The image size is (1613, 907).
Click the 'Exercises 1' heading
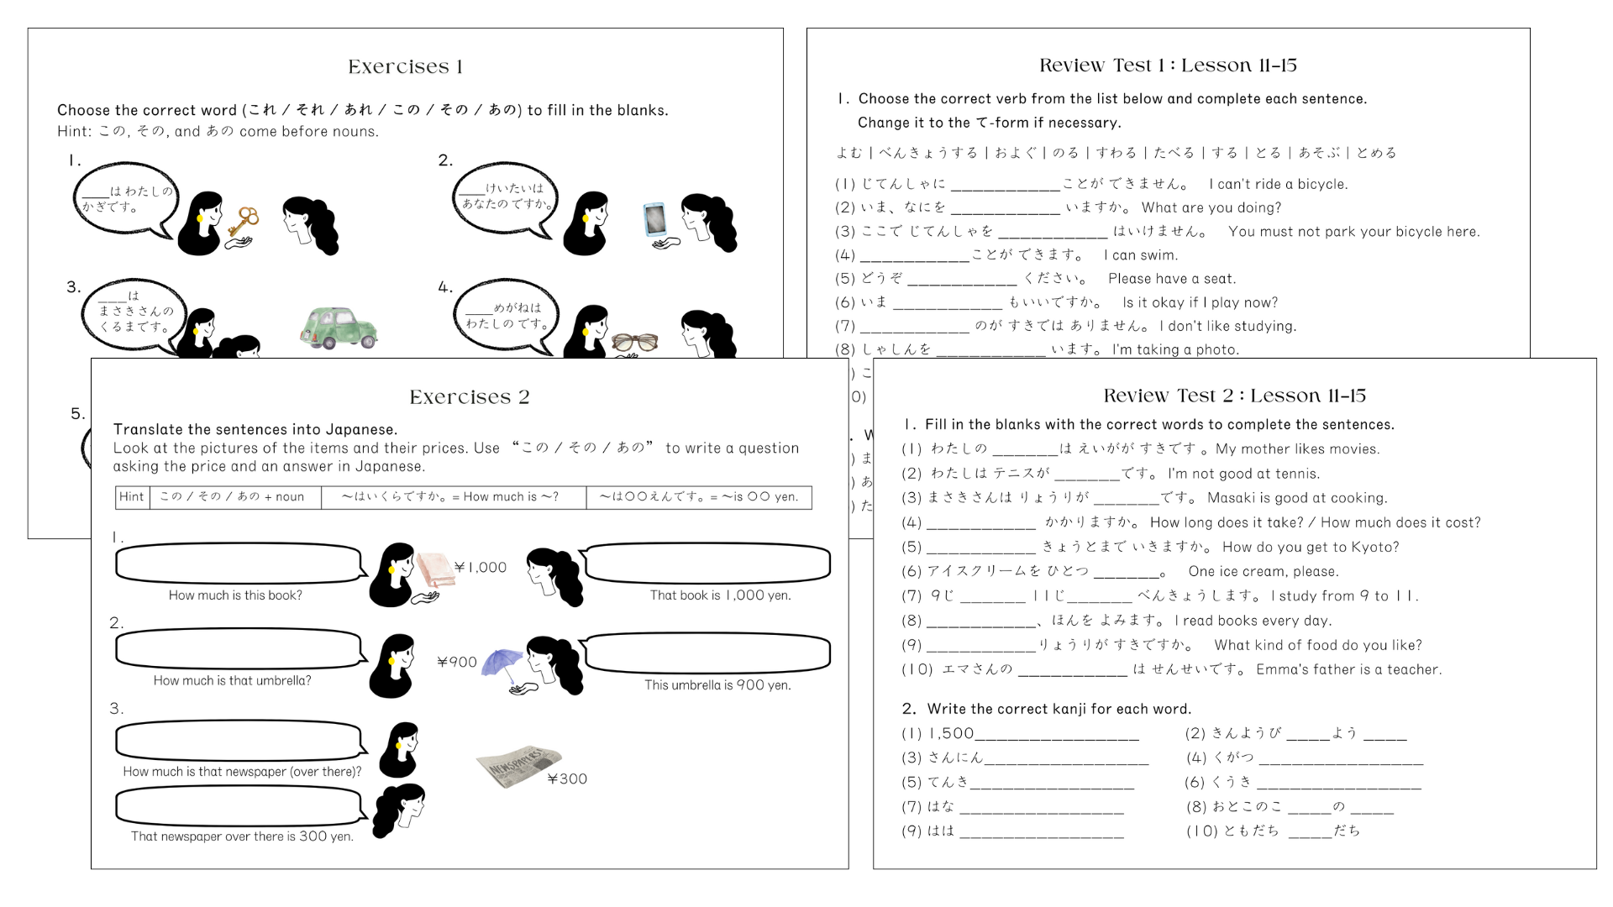tap(405, 66)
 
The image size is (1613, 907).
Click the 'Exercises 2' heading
tap(469, 396)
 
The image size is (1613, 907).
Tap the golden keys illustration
tap(244, 223)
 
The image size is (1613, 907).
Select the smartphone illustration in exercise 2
tap(654, 219)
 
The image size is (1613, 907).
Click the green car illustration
tap(338, 328)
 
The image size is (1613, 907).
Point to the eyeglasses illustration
tap(634, 341)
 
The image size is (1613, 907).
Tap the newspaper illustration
tap(518, 764)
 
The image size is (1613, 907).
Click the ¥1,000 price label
tap(481, 568)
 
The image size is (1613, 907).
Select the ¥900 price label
tap(457, 662)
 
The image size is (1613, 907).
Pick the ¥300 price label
tap(567, 779)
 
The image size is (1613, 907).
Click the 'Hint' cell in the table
tap(132, 496)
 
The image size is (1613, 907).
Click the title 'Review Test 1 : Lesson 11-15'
tap(1168, 66)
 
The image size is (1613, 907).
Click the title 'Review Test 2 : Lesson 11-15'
tap(1234, 396)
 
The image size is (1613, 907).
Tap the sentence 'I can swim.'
tap(1141, 255)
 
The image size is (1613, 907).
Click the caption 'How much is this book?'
tap(235, 595)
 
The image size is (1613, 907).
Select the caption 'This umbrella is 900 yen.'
tap(717, 685)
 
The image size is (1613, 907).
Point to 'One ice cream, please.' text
tap(1264, 572)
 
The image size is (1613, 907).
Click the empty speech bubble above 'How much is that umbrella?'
tap(239, 649)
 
